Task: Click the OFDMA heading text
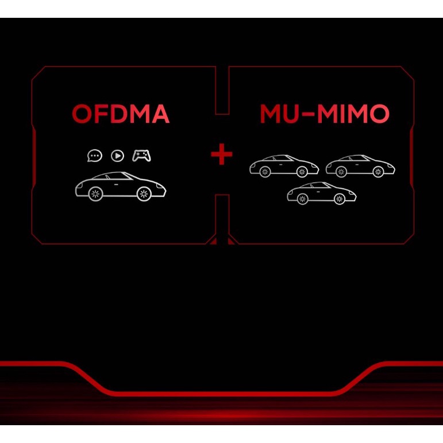[121, 115]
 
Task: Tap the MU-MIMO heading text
[324, 115]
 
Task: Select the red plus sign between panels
[221, 155]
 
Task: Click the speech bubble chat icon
[94, 156]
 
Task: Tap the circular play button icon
[117, 156]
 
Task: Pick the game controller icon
[141, 156]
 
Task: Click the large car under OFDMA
[121, 186]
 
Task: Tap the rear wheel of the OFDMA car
[95, 193]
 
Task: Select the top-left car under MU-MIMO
[284, 166]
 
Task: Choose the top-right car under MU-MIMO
[360, 166]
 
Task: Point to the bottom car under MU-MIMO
[322, 193]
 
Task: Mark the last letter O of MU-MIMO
[379, 115]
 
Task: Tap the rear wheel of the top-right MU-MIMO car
[341, 171]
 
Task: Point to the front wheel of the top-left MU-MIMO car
[302, 171]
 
